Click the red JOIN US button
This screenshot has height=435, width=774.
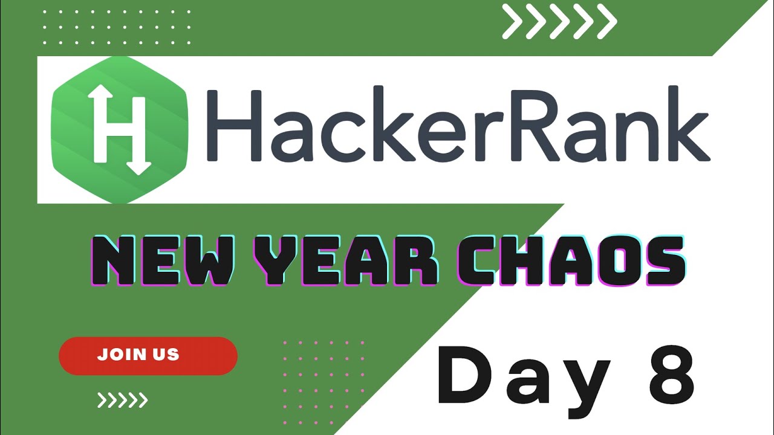tap(148, 355)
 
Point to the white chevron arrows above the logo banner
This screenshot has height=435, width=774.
tap(559, 23)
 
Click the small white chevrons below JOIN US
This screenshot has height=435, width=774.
tap(123, 399)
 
